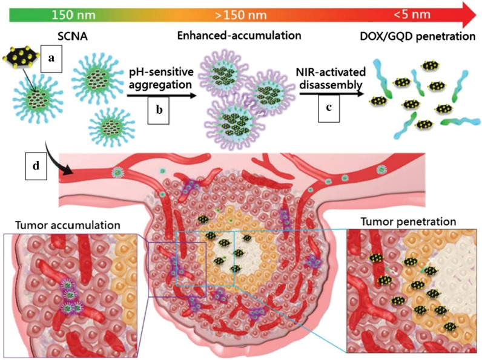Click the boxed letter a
pyautogui.click(x=51, y=59)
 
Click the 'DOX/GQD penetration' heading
pyautogui.click(x=415, y=36)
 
